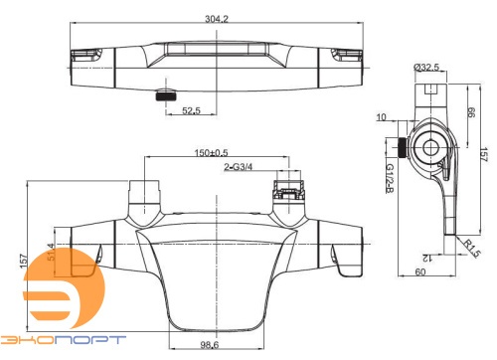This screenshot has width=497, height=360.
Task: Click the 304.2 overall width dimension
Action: [217, 19]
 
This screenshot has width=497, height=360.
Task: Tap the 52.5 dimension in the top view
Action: [191, 110]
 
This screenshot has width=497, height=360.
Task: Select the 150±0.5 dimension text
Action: [212, 153]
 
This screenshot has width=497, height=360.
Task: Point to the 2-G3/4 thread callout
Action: [238, 167]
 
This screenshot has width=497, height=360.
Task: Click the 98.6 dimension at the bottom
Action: [210, 345]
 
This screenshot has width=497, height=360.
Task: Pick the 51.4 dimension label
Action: [51, 252]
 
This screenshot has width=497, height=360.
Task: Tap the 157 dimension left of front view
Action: [23, 262]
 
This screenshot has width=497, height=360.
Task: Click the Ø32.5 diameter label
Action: [426, 68]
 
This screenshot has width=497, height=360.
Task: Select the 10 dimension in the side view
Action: [382, 117]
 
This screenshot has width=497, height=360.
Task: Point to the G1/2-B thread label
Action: [390, 178]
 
